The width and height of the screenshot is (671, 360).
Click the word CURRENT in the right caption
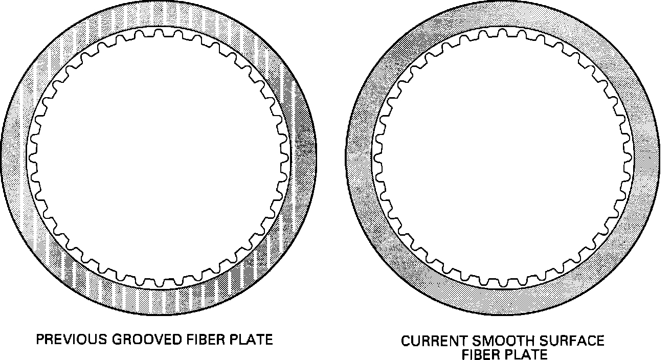pos(431,341)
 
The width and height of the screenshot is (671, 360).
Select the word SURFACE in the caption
pos(569,341)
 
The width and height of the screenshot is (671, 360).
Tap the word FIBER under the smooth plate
pos(484,354)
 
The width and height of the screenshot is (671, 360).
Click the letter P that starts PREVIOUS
pos(39,340)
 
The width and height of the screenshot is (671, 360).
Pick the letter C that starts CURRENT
pos(405,341)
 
